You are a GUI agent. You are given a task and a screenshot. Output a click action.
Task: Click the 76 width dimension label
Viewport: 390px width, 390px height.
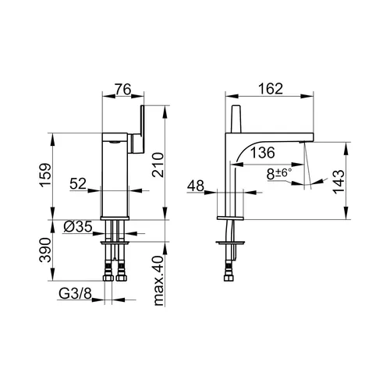pyautogui.click(x=123, y=90)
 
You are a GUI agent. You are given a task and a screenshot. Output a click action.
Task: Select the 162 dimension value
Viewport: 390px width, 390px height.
pyautogui.click(x=271, y=89)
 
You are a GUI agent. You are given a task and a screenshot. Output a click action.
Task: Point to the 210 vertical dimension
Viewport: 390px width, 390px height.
pyautogui.click(x=158, y=165)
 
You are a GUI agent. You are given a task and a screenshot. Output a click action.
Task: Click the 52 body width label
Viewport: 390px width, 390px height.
pyautogui.click(x=78, y=184)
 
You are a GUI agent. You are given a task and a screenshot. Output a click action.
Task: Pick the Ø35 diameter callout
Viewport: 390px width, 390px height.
pyautogui.click(x=78, y=226)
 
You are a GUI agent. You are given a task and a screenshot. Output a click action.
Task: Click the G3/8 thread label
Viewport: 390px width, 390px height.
pyautogui.click(x=75, y=294)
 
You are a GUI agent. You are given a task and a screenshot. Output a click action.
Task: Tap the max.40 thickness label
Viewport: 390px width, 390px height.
pyautogui.click(x=158, y=281)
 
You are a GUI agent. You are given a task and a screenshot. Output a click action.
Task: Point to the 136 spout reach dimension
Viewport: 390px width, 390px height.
pyautogui.click(x=262, y=152)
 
